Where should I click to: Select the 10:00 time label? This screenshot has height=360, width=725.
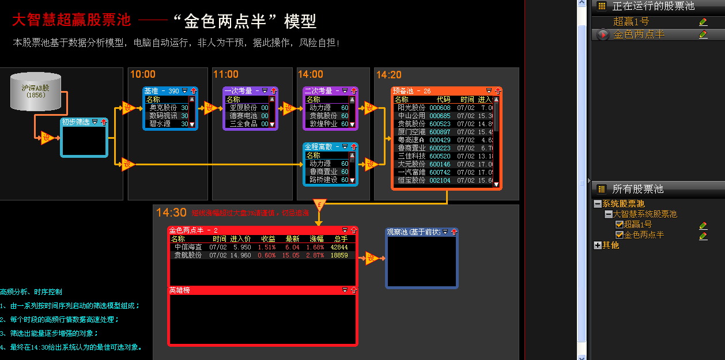click(142, 74)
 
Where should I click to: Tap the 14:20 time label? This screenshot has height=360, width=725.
click(389, 75)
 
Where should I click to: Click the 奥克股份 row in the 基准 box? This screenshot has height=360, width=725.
click(163, 108)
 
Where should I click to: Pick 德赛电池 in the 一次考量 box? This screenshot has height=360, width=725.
click(244, 116)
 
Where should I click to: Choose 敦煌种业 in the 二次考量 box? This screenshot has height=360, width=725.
click(323, 124)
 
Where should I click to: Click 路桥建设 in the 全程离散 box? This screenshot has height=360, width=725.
click(323, 180)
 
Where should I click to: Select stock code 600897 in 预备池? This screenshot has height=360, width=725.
click(440, 132)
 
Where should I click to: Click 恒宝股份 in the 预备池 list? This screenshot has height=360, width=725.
click(411, 180)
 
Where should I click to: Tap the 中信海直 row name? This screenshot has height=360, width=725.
click(188, 247)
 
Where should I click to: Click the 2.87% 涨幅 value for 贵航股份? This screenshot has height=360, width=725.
click(316, 255)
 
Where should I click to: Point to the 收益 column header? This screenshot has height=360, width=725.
click(268, 238)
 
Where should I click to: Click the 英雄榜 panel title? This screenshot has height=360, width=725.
click(179, 290)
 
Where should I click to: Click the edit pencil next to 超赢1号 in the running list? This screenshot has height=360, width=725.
click(703, 22)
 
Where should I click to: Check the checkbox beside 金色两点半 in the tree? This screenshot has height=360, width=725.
click(620, 235)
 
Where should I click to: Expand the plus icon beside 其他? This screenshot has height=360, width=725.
click(597, 245)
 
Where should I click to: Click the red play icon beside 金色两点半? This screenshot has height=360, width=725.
click(602, 35)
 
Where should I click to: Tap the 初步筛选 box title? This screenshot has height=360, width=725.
click(75, 122)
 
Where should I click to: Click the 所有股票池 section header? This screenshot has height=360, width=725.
click(637, 189)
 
